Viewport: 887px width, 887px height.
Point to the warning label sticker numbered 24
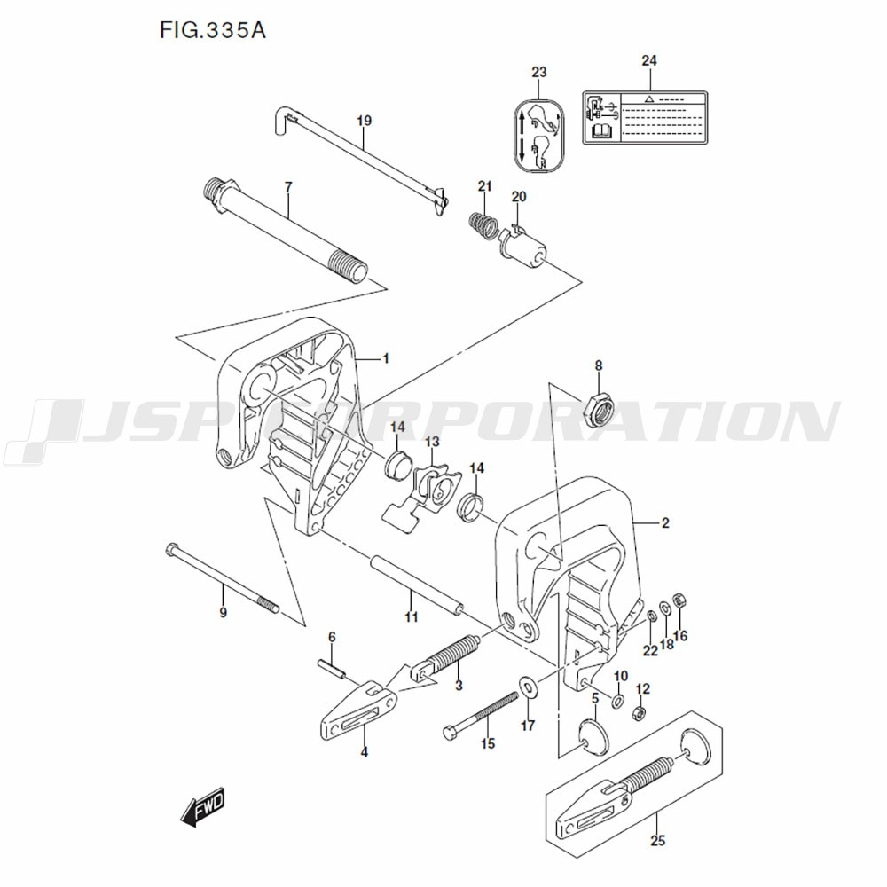(x=644, y=117)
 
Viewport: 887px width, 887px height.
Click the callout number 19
(x=364, y=120)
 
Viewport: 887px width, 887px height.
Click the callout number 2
(x=665, y=523)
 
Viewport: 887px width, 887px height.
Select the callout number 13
(x=431, y=441)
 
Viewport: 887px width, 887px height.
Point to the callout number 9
(x=224, y=612)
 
